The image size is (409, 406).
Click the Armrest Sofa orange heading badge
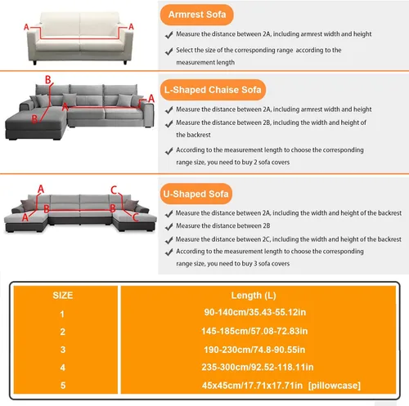(197, 15)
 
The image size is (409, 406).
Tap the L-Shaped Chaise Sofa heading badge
(213, 90)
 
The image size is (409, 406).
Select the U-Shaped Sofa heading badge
(196, 194)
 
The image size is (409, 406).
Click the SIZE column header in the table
(63, 296)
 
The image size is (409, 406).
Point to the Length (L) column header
(254, 296)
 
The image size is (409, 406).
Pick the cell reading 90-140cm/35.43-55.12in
(255, 312)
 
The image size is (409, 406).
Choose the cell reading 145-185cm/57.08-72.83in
(254, 331)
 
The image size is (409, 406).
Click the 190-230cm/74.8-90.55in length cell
(254, 350)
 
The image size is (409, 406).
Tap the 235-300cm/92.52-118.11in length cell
(258, 368)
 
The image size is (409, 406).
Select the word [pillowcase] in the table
(335, 386)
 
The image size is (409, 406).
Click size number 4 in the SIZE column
(63, 368)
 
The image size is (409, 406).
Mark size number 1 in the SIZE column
(62, 315)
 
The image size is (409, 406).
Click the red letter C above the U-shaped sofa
(114, 190)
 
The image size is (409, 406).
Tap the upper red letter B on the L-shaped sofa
(48, 80)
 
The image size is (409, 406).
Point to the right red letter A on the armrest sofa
(131, 27)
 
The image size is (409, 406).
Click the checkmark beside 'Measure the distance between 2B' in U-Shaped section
(169, 226)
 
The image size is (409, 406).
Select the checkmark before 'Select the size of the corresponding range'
(169, 51)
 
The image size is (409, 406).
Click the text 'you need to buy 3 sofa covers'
(249, 264)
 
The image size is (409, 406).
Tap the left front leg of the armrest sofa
(34, 63)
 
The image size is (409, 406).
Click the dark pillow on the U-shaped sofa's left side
(29, 205)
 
